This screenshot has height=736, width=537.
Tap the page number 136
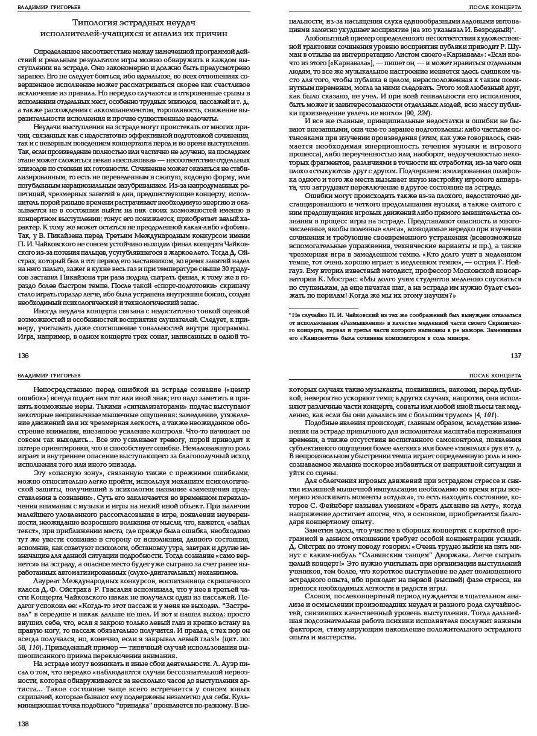pyautogui.click(x=24, y=356)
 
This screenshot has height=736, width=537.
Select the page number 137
pyautogui.click(x=516, y=356)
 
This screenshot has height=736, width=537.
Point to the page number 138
pyautogui.click(x=24, y=724)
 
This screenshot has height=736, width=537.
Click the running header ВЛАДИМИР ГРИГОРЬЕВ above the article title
pyautogui.click(x=42, y=7)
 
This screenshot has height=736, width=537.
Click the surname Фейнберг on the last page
pyautogui.click(x=338, y=505)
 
